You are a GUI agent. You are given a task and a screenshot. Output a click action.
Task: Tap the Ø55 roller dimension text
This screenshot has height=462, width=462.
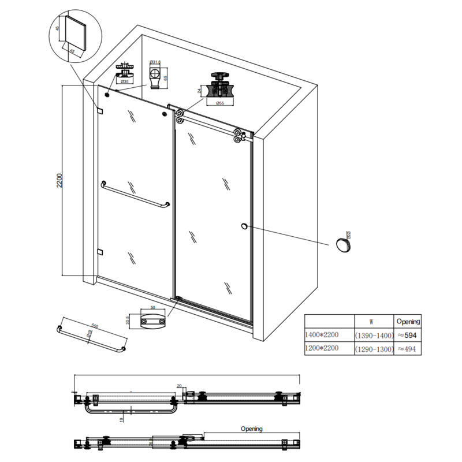pyautogui.click(x=219, y=103)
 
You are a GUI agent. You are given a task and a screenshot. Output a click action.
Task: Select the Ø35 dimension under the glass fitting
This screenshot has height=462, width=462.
pyautogui.click(x=125, y=82)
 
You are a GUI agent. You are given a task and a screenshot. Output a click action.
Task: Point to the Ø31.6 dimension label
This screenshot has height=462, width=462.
pyautogui.click(x=155, y=62)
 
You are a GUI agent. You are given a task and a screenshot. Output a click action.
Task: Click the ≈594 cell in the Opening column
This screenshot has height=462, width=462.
pyautogui.click(x=408, y=336)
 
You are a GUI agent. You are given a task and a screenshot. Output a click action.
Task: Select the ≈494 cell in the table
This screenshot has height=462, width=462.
pyautogui.click(x=408, y=349)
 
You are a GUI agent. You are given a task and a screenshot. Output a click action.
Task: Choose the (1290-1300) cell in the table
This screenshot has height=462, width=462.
pyautogui.click(x=374, y=349)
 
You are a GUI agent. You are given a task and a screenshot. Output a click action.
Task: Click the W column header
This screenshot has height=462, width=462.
pyautogui.click(x=374, y=322)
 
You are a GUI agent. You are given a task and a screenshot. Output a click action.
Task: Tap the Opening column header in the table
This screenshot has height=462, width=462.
pyautogui.click(x=408, y=322)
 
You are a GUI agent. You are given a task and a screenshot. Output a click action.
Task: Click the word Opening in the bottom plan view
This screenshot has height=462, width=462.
pyautogui.click(x=252, y=429)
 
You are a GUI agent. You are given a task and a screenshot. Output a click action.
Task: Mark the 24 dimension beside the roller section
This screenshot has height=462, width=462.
pyautogui.click(x=200, y=90)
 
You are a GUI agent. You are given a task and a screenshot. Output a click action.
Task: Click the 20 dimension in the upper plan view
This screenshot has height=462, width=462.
pyautogui.click(x=180, y=386)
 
